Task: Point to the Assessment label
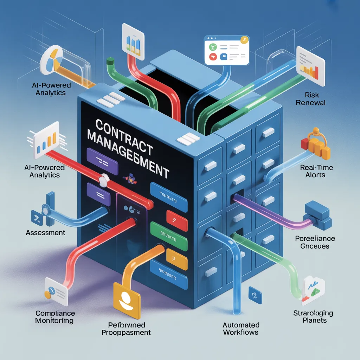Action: (45, 232)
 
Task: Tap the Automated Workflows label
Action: (241, 328)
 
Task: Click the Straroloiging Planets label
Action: (313, 316)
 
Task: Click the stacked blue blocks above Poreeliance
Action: (317, 215)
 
